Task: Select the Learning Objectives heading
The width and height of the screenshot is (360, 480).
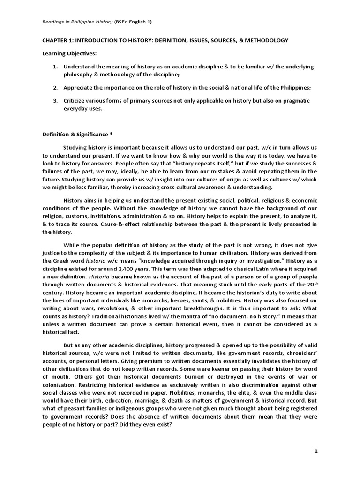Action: [69, 53]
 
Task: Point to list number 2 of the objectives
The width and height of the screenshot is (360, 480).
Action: [55, 88]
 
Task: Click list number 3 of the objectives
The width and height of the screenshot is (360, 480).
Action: [55, 101]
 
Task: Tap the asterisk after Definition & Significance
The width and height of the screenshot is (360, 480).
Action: [111, 135]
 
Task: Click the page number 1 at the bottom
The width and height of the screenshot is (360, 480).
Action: [316, 451]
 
